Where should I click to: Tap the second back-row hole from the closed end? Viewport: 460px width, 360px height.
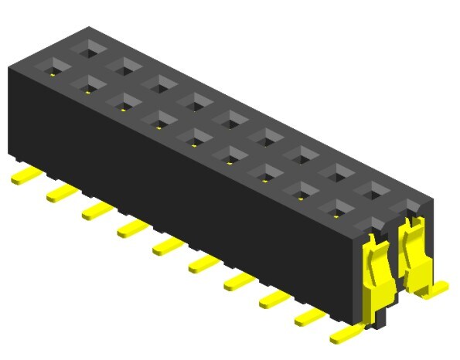click(123, 65)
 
